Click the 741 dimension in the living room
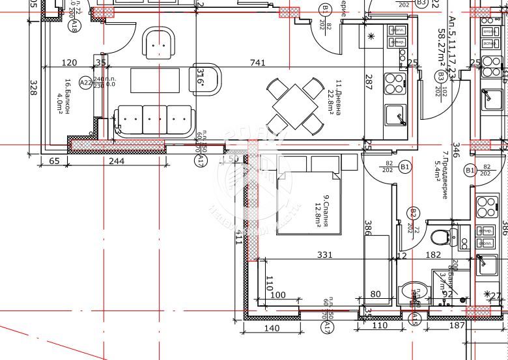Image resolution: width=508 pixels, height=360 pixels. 259,62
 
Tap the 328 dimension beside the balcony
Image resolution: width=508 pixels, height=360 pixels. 33,89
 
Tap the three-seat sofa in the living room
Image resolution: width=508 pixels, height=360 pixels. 154,120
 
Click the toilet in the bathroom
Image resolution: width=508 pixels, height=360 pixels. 442,235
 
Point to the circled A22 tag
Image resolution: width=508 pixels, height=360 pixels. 86,83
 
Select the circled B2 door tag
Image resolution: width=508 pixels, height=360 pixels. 412,213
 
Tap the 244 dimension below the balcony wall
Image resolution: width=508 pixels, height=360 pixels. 117,161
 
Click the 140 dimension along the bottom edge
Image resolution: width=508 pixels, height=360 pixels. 272,329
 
